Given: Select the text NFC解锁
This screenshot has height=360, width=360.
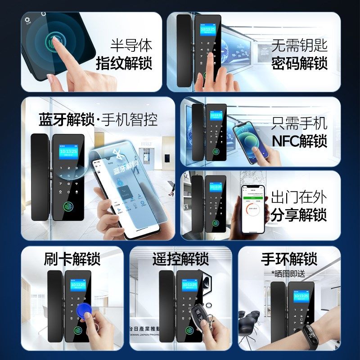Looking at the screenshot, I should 299,141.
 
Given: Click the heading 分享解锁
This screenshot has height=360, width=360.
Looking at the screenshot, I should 299,215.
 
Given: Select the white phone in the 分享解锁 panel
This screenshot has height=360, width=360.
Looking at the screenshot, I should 253,208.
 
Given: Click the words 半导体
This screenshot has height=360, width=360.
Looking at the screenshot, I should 131,45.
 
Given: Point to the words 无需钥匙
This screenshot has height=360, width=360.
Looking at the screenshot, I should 299,45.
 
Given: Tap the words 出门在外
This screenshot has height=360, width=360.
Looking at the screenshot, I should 299,197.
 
